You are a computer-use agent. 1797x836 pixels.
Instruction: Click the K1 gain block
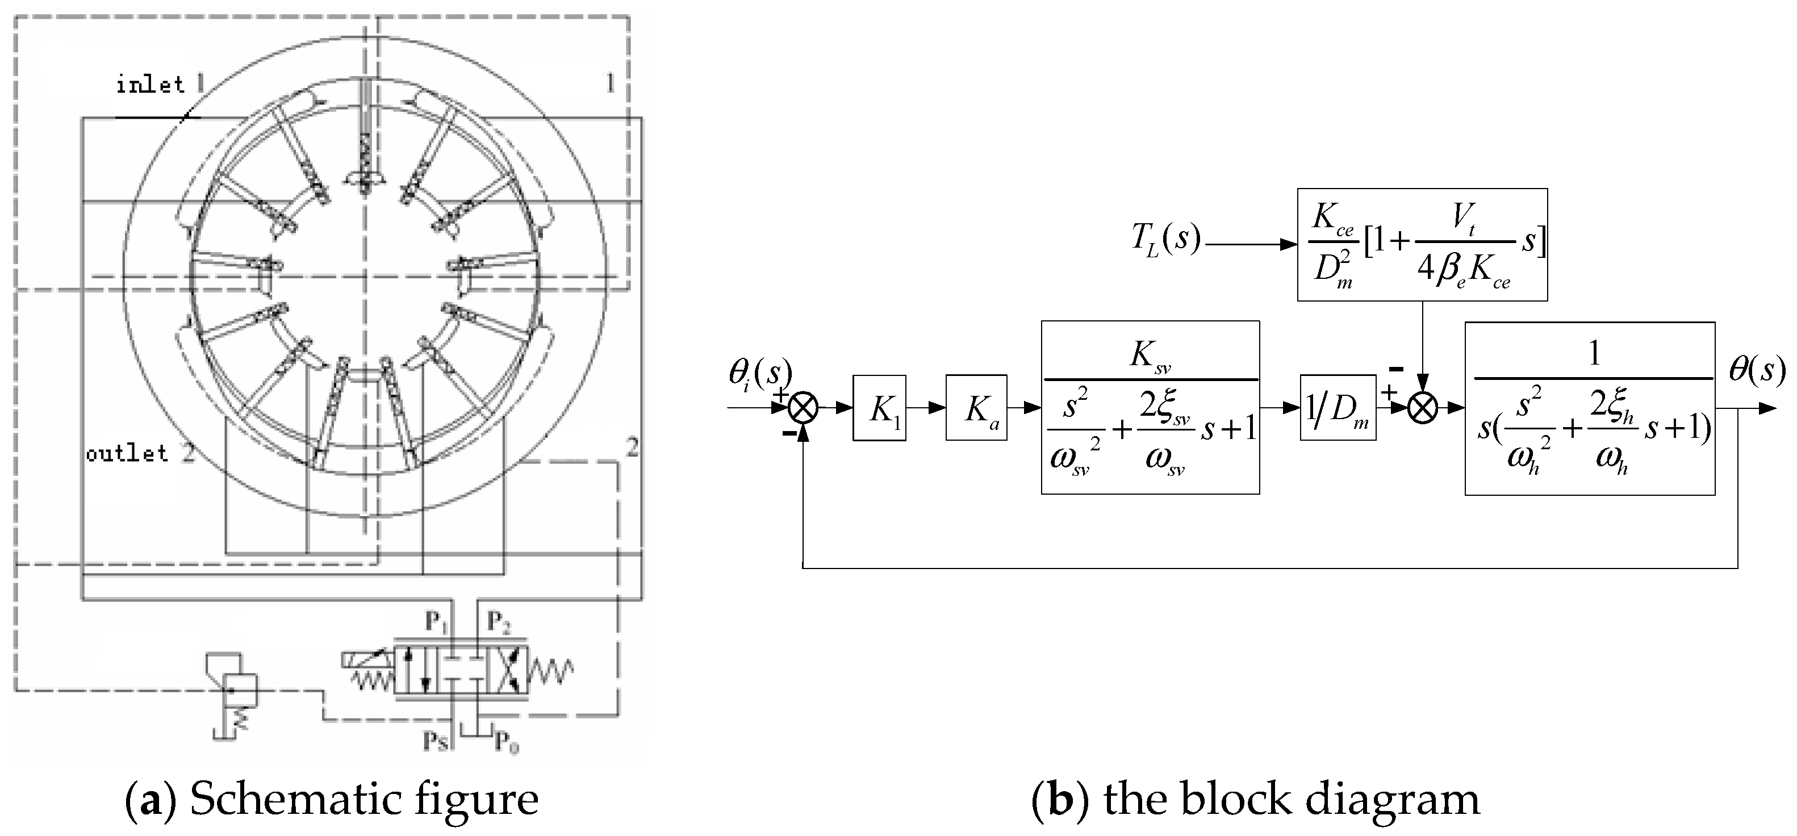[879, 408]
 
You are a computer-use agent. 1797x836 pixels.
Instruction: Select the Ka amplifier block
[976, 408]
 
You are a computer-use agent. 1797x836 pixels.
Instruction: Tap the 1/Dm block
[1338, 408]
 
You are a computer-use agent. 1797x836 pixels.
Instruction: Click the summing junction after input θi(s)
[803, 408]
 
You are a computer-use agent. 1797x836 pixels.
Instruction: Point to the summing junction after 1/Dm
[1422, 408]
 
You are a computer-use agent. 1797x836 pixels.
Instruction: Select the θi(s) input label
[759, 373]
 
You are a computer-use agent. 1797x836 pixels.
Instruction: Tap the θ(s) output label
[1756, 370]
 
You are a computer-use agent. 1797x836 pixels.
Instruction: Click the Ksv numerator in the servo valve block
[1149, 356]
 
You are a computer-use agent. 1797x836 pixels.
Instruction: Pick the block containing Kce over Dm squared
[1422, 244]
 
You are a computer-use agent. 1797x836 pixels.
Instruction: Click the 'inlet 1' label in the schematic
[159, 85]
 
